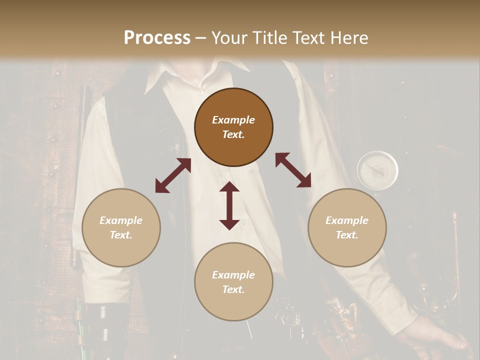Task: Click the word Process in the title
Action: (x=157, y=38)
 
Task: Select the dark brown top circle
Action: (x=233, y=127)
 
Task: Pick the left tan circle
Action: (x=121, y=227)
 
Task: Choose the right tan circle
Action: (x=346, y=227)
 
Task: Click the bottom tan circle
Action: (x=233, y=281)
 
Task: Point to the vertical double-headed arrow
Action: (x=229, y=205)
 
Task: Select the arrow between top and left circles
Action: (x=173, y=175)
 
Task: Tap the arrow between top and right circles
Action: (x=293, y=170)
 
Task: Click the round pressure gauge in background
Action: (x=377, y=169)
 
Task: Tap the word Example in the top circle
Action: (x=233, y=120)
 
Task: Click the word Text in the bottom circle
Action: (x=233, y=289)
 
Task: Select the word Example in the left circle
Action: (x=121, y=220)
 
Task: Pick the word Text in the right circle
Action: (x=346, y=235)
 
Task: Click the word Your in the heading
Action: (x=229, y=38)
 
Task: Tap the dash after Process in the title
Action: (x=200, y=38)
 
